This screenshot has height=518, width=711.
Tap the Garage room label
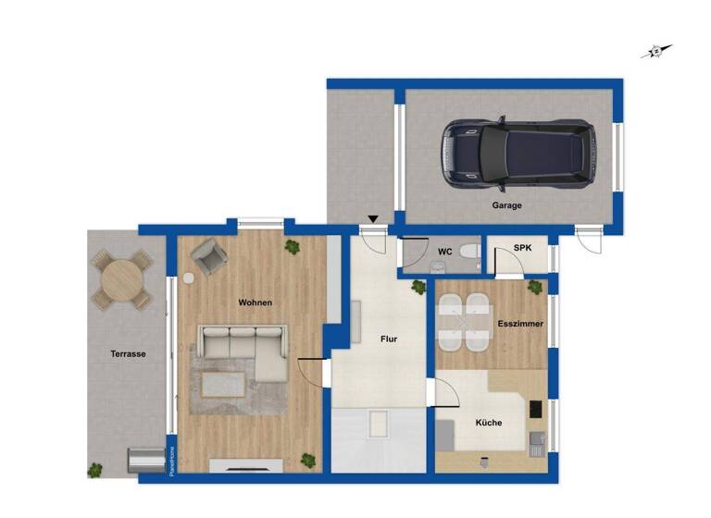coord(506,205)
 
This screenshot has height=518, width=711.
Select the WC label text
coord(444,252)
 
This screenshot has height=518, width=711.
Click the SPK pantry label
coord(523,249)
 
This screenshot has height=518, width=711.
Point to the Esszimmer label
coord(520,324)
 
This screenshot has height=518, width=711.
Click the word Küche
coord(489,423)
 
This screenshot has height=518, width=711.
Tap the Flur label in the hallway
coord(389,339)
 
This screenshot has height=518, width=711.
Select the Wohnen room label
coord(255,302)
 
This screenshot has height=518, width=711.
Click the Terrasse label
coord(127,353)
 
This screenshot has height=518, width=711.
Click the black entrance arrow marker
coord(373,219)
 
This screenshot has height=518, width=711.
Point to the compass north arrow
coord(656,52)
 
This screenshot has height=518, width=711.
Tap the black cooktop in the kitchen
coord(535,408)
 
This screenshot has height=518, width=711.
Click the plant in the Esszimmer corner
coord(534,289)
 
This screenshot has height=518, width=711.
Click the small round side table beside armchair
coord(188,277)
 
